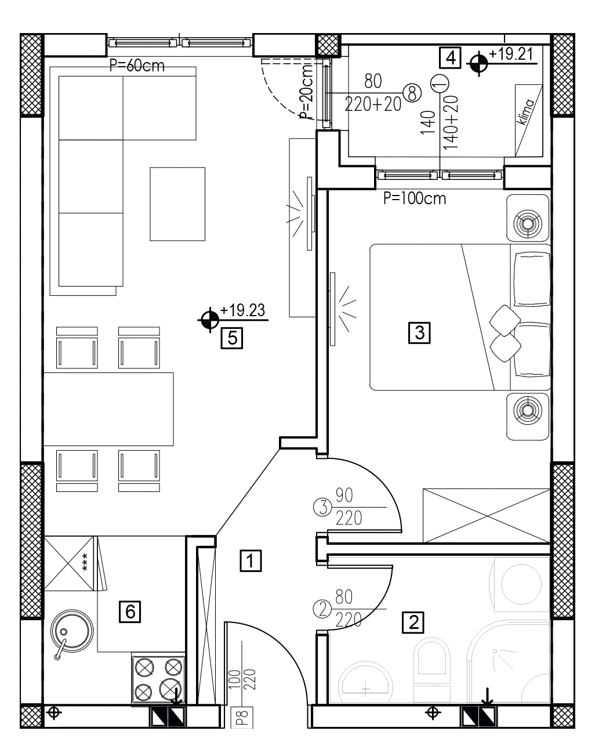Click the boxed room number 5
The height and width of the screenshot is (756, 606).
[232, 338]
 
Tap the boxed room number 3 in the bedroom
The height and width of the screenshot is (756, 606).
[419, 332]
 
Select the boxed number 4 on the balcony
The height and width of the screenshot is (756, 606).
[450, 57]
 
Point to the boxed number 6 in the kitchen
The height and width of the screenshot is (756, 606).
[130, 612]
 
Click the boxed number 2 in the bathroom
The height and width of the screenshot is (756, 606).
[413, 622]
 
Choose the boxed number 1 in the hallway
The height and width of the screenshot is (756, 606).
[251, 560]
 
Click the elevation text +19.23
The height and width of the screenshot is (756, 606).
[242, 310]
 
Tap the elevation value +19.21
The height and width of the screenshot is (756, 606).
[511, 54]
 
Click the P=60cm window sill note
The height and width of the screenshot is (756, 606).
[137, 66]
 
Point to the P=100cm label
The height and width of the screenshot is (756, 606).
[415, 199]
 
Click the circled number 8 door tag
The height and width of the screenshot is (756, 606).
[412, 93]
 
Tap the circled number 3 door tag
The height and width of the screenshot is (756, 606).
[322, 507]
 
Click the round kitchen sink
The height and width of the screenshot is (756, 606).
[72, 631]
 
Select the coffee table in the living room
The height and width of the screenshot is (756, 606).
[177, 204]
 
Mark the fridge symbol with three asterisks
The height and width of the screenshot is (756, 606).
[69, 563]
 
